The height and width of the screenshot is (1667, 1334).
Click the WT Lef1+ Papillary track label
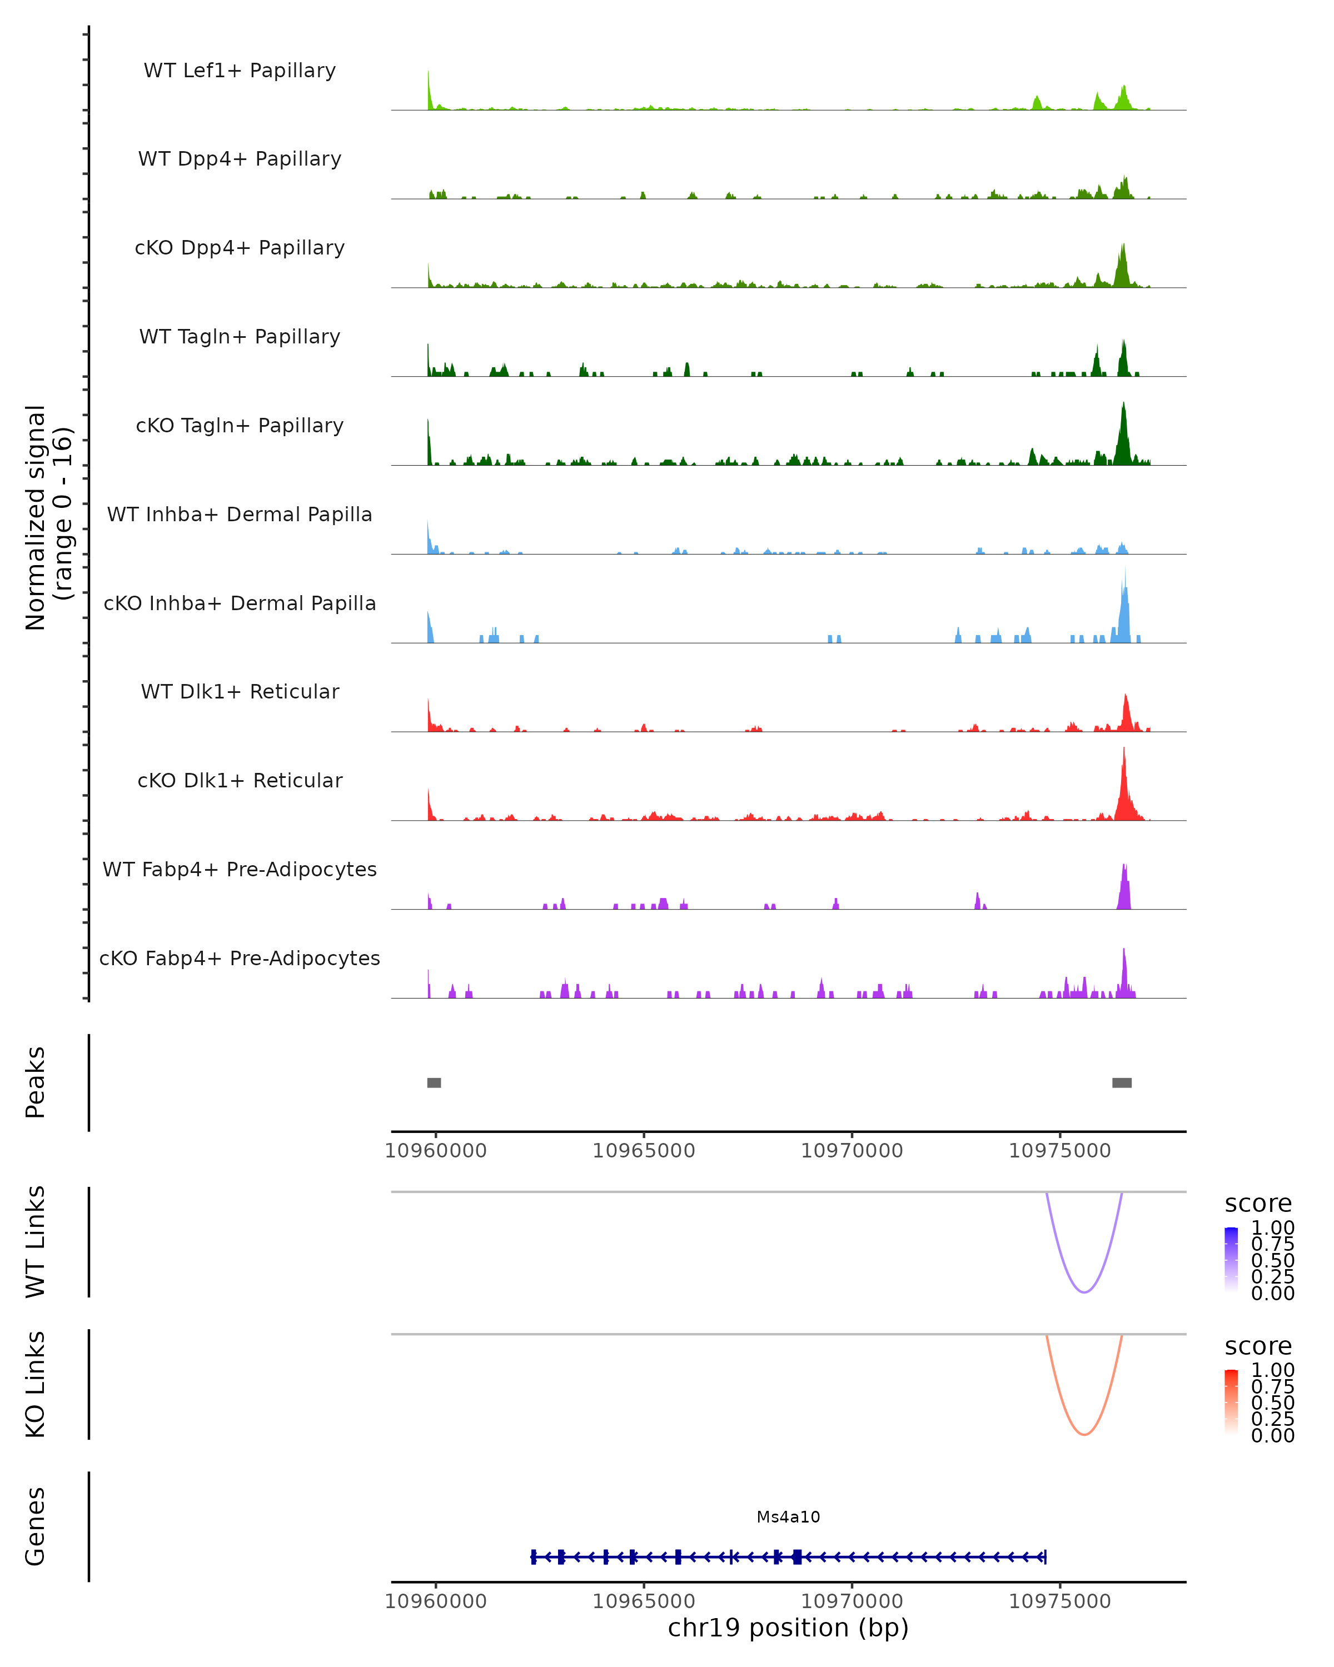click(240, 71)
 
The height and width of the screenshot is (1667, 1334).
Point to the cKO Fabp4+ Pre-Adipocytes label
click(240, 958)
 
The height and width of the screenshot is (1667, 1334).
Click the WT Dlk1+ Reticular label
click(240, 691)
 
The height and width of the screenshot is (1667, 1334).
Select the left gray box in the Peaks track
click(434, 1082)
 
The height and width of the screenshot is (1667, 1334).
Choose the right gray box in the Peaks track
click(1121, 1082)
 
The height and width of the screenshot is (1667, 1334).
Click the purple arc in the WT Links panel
click(1084, 1292)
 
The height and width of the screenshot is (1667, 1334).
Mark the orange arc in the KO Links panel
click(1084, 1434)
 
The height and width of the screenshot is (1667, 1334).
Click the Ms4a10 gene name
click(788, 1517)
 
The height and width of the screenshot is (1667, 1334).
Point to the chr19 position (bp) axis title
click(788, 1628)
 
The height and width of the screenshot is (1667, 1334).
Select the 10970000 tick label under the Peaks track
click(852, 1151)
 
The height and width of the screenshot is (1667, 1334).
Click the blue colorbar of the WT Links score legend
click(1231, 1260)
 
